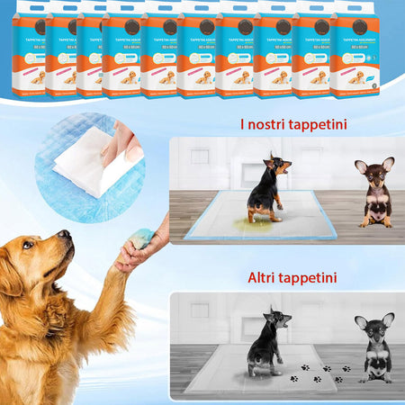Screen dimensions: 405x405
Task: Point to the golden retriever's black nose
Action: click(65, 235)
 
